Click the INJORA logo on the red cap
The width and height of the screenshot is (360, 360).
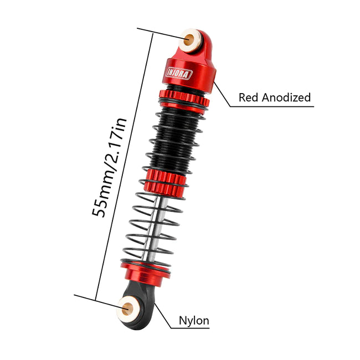[179, 74]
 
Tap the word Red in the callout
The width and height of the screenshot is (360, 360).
[249, 97]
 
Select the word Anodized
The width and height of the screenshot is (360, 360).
[286, 97]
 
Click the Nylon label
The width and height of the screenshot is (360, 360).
[194, 320]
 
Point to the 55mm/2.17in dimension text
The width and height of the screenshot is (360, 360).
[109, 168]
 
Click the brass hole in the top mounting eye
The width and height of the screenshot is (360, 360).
[189, 40]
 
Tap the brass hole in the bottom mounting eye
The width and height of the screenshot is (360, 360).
[127, 309]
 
